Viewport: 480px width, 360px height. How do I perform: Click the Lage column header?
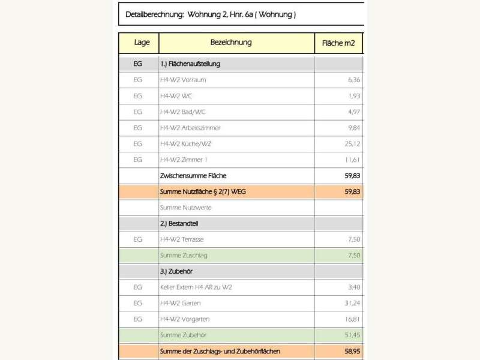coord(142,43)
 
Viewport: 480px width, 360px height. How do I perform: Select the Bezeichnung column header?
coord(231,43)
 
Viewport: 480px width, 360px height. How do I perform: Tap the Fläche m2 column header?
coord(339,43)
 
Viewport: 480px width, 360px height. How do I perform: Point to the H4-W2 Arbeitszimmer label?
coord(190,128)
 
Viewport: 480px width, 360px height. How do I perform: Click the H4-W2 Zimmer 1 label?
coord(184,160)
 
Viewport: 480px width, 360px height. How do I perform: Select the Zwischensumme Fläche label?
coord(193,176)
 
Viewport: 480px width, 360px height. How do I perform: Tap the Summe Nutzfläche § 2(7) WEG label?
coord(208,191)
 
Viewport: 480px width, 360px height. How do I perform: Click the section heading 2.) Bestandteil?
coord(179,223)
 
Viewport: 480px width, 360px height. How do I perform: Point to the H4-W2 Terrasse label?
coord(182,239)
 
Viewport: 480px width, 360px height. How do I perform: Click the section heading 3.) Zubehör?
coord(176,271)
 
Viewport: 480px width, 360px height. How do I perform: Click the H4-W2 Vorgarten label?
coord(184,319)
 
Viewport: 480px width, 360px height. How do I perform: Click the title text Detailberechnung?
coord(154,14)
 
